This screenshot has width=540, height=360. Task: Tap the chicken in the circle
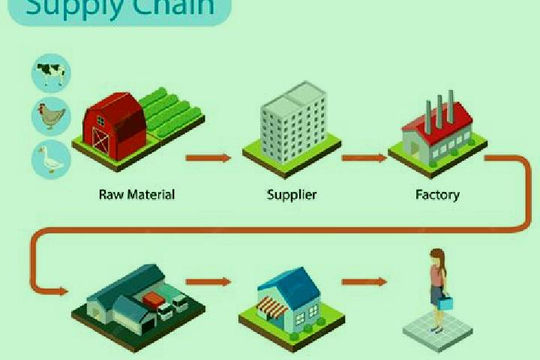(51, 115)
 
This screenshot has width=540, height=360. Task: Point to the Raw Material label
(136, 195)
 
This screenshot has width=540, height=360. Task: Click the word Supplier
(292, 195)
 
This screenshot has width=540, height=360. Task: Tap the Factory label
(437, 195)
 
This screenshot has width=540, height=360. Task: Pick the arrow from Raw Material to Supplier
(208, 158)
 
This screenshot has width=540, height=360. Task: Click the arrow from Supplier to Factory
(364, 158)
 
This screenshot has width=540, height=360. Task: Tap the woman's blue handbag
(445, 303)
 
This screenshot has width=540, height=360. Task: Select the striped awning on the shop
(273, 307)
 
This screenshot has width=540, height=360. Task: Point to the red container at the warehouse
(154, 299)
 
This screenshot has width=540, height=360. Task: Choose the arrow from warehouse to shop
(208, 282)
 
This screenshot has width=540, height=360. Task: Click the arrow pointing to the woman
(364, 282)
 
